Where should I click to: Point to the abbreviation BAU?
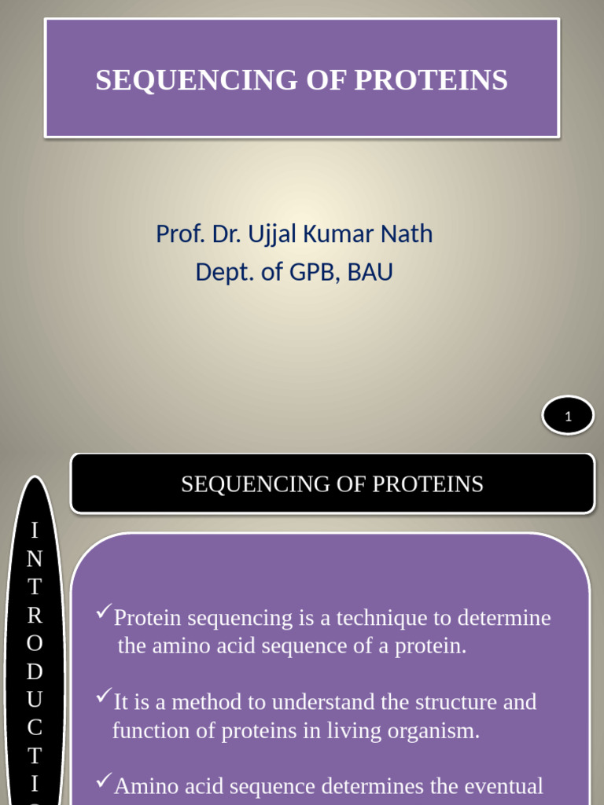click(x=370, y=272)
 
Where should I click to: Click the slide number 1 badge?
click(x=568, y=417)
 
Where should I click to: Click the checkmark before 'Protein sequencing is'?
click(x=103, y=612)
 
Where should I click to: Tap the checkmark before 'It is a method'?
click(x=103, y=697)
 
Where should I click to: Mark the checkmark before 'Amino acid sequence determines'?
click(x=103, y=781)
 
